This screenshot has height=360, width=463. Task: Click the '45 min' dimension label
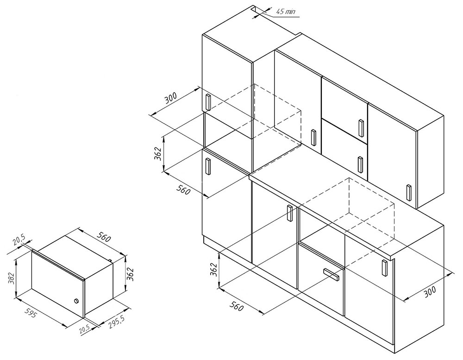click(286, 12)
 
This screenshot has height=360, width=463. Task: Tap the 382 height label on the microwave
click(11, 278)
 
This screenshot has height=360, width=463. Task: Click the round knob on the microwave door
click(76, 301)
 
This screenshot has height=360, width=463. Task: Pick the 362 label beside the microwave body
click(131, 274)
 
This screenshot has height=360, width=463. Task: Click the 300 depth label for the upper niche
click(171, 98)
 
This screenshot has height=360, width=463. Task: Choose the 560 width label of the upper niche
click(183, 189)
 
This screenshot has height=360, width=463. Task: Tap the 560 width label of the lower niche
click(237, 306)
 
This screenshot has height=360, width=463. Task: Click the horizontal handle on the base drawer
click(332, 274)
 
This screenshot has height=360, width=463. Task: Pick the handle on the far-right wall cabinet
click(409, 192)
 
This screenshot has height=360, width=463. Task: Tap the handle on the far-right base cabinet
click(384, 268)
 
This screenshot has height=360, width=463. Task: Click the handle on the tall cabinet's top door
click(208, 102)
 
